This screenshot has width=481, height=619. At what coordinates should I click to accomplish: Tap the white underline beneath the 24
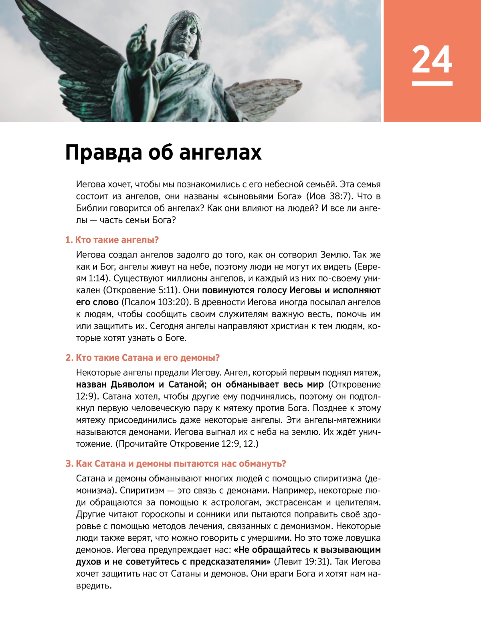[x=432, y=83]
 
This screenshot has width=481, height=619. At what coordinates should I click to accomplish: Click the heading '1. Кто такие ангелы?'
[x=112, y=240]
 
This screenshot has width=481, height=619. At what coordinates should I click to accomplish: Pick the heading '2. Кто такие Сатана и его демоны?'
[x=142, y=357]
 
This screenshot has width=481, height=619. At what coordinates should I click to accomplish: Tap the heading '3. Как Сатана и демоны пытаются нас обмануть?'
[x=176, y=463]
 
